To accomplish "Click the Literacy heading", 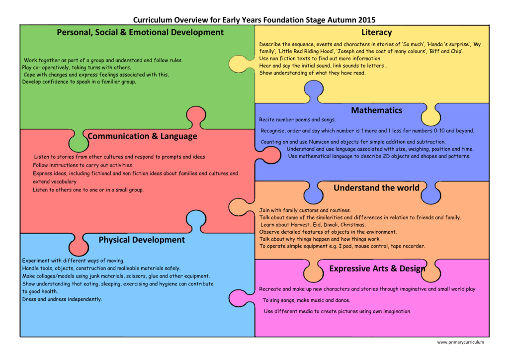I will coord(376,32).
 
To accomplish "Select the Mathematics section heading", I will coord(376,110).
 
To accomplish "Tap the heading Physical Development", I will coord(141,240).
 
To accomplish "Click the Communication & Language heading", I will coord(142,136).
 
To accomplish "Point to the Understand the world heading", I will coord(376,188).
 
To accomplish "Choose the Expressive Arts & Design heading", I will coord(377,269).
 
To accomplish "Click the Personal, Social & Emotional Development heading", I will coord(140,32).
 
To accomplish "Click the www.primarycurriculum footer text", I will coord(460,342).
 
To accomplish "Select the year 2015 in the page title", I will coord(366,20).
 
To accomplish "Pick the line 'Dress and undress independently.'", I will coord(62,299).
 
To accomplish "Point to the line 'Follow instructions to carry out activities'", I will coord(83,165).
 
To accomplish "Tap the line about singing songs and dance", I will coord(306,300).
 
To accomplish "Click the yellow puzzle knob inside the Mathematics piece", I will coord(430,115).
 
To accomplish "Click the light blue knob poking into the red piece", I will coord(195,220).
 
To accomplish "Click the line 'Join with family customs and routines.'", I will coord(305,210).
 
